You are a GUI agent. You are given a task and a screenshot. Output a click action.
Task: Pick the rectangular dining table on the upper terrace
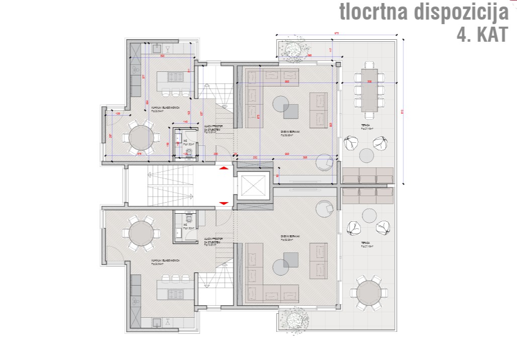click(369, 91)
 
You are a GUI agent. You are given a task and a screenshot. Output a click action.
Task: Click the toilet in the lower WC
click(188, 218)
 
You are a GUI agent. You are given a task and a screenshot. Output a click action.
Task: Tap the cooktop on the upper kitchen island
click(177, 77)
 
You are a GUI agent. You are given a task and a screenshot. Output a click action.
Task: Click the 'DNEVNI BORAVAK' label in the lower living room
click(291, 236)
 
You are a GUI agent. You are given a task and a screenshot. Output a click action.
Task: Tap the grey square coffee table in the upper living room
click(292, 111)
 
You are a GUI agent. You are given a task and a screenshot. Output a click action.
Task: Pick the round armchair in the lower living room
click(322, 207)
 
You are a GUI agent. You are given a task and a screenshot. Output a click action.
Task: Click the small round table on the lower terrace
click(369, 216)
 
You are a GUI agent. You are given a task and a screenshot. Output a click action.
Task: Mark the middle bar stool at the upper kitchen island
click(176, 93)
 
